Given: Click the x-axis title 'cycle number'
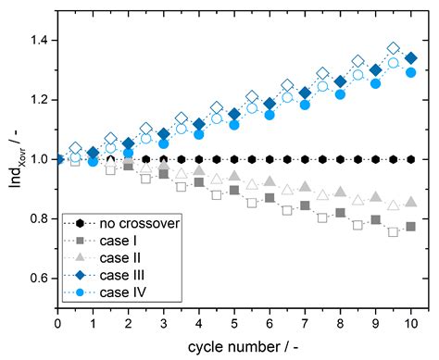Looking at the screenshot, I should point(235,346).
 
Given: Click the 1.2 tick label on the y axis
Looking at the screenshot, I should point(38,99).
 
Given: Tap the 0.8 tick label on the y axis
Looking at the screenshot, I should point(38,218).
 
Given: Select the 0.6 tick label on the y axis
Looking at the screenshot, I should point(38,278).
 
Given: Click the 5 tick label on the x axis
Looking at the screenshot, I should point(234,323).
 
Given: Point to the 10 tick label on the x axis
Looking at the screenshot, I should point(410,323).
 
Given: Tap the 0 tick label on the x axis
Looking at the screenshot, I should point(58,323).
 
